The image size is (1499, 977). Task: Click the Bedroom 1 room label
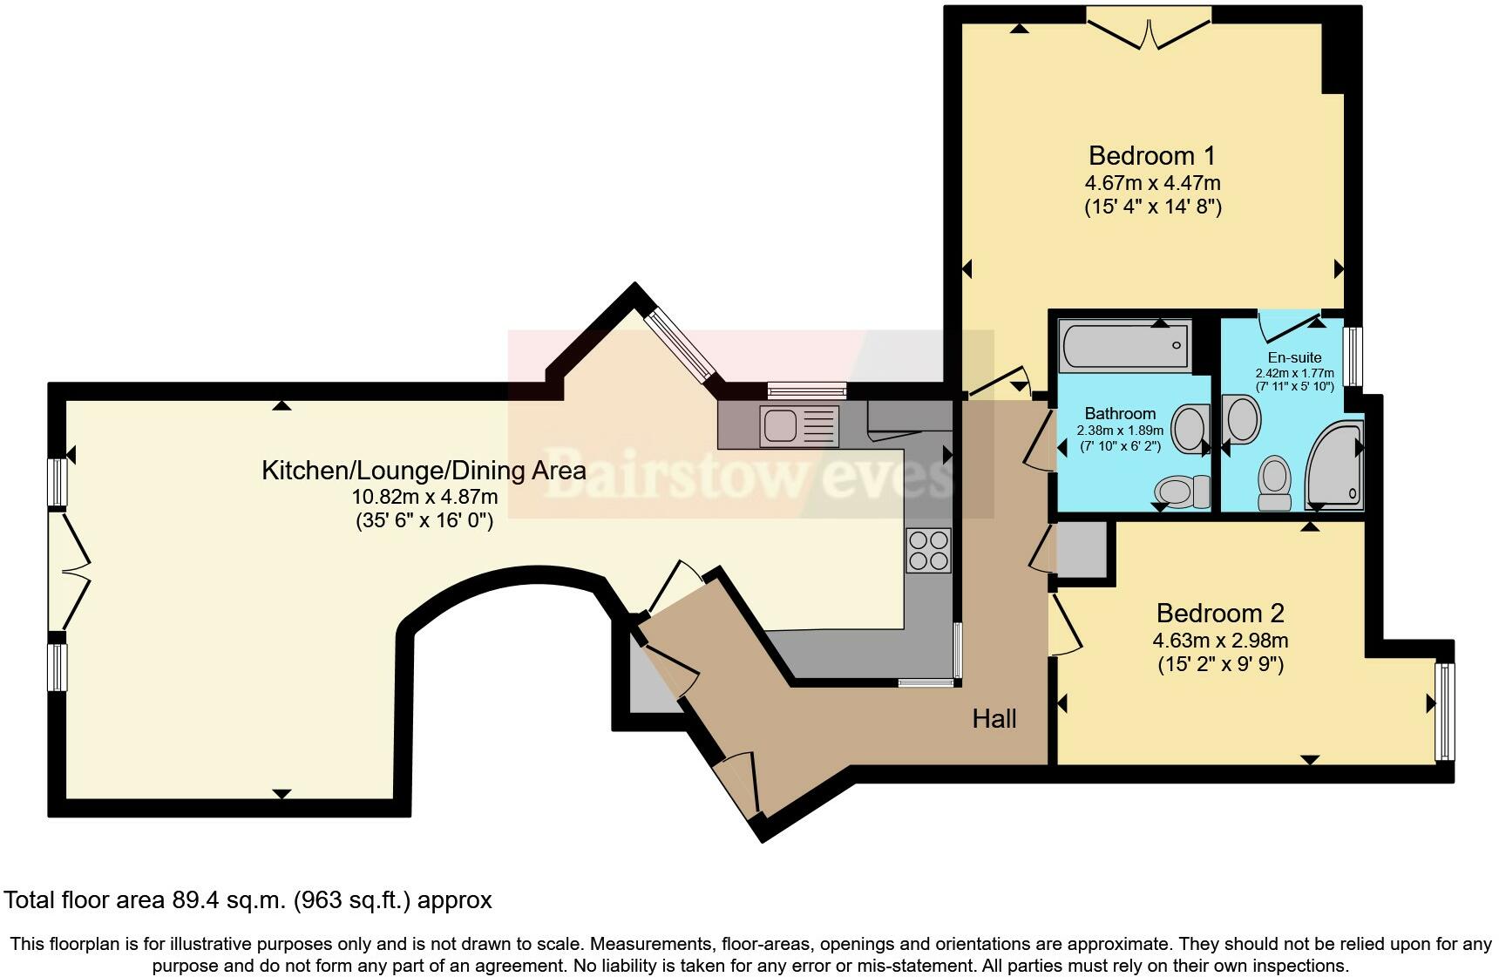coord(1151,156)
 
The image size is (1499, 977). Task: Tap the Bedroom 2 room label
coord(1219,614)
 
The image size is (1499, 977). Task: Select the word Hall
coord(994,719)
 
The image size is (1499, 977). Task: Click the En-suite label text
coord(1294,357)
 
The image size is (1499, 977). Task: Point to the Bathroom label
coord(1120,413)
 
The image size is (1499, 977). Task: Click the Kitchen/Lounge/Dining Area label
coord(424,471)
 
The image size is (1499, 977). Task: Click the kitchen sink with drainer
coord(798,427)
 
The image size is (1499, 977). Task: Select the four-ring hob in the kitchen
coord(928,551)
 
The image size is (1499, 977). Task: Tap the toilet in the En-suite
coord(1275,484)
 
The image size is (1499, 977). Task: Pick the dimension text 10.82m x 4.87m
coord(424,497)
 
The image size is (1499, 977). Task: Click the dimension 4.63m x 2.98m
coord(1220,641)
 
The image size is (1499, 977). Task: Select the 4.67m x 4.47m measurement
coord(1152,183)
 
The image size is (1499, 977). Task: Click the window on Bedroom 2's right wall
coord(1444,711)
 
